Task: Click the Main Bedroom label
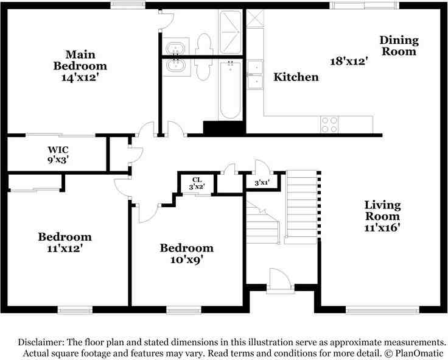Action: pyautogui.click(x=80, y=60)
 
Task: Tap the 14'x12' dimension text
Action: pyautogui.click(x=80, y=77)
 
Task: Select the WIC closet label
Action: pyautogui.click(x=58, y=150)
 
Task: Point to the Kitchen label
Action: pyautogui.click(x=296, y=77)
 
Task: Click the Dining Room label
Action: pyautogui.click(x=399, y=46)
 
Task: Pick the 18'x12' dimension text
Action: pyautogui.click(x=349, y=61)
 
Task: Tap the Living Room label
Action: pyautogui.click(x=382, y=210)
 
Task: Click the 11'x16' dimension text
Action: pyautogui.click(x=382, y=228)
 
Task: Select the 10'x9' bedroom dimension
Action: pyautogui.click(x=187, y=259)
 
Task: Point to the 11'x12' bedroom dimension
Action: pyautogui.click(x=65, y=248)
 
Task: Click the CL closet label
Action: pyautogui.click(x=197, y=180)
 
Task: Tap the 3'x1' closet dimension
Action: pyautogui.click(x=262, y=183)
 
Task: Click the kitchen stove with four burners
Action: pyautogui.click(x=329, y=125)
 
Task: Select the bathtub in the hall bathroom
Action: pyautogui.click(x=230, y=90)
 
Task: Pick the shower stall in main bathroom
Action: pyautogui.click(x=230, y=32)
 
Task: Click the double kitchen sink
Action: pyautogui.click(x=255, y=75)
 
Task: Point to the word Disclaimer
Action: pyautogui.click(x=41, y=342)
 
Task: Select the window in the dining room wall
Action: pyautogui.click(x=364, y=5)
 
